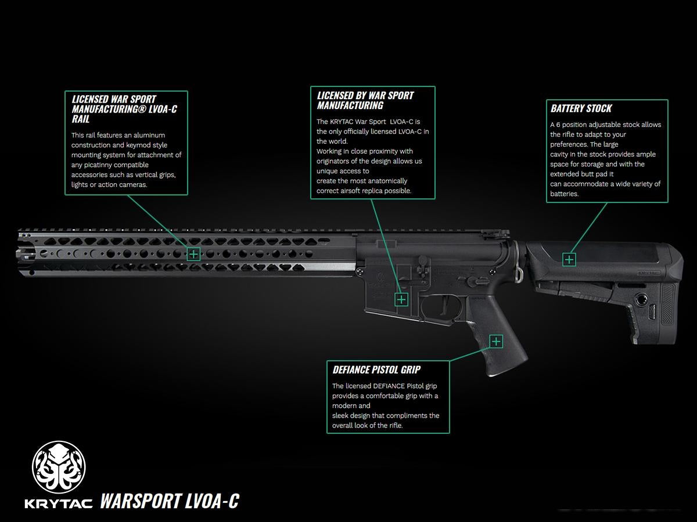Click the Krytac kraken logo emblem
coord(59,467)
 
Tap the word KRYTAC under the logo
coord(59,504)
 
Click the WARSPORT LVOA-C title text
coord(170,501)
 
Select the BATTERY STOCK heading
coord(581,108)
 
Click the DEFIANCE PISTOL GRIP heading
coord(376,369)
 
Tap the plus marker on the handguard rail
coord(193,254)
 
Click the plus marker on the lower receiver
coord(401,299)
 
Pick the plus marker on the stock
coord(569,260)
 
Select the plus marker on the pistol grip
coord(496,342)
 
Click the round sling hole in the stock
coord(641,299)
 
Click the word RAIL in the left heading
coord(81,119)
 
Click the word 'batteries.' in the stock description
coord(565,194)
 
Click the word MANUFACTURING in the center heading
coord(350,105)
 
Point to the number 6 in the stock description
coord(558,125)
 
